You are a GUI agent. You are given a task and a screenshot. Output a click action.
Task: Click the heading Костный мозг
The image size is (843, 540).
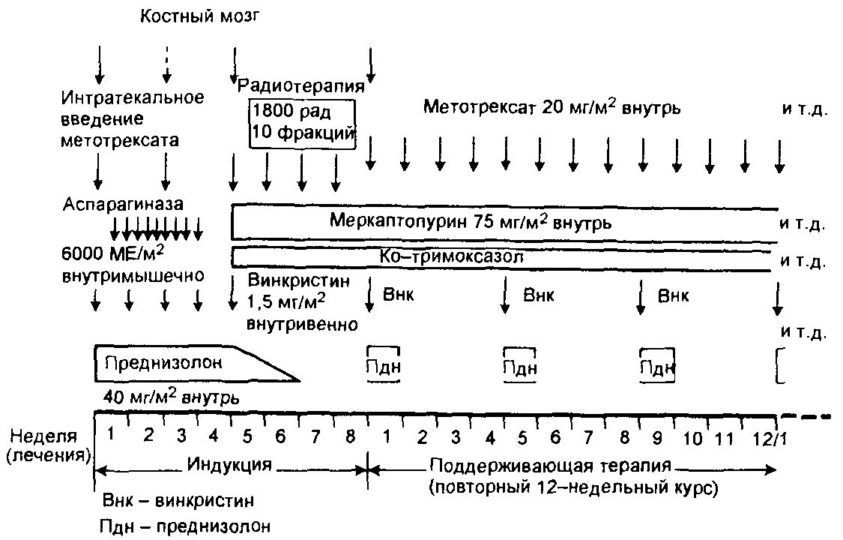199,16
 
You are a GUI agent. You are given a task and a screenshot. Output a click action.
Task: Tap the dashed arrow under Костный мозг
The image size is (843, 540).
167,64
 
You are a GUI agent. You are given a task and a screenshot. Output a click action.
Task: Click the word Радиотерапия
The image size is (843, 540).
300,85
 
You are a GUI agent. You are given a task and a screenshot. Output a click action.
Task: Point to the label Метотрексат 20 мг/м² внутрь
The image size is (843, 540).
552,107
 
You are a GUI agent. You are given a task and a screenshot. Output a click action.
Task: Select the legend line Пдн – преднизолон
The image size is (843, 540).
185,526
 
